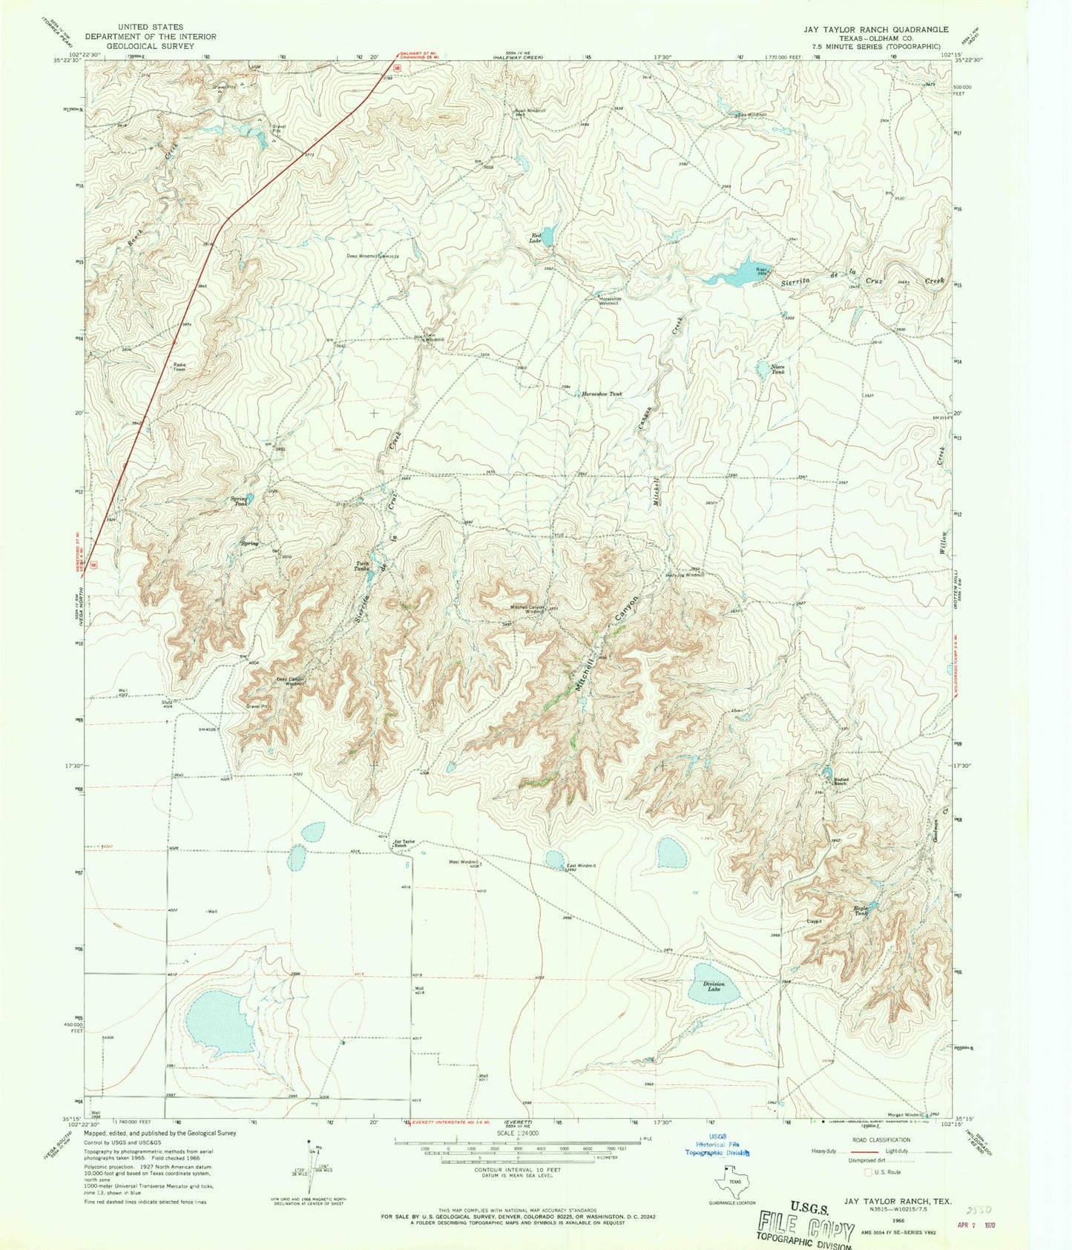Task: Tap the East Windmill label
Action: [x=582, y=866]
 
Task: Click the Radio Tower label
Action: [x=179, y=366]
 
